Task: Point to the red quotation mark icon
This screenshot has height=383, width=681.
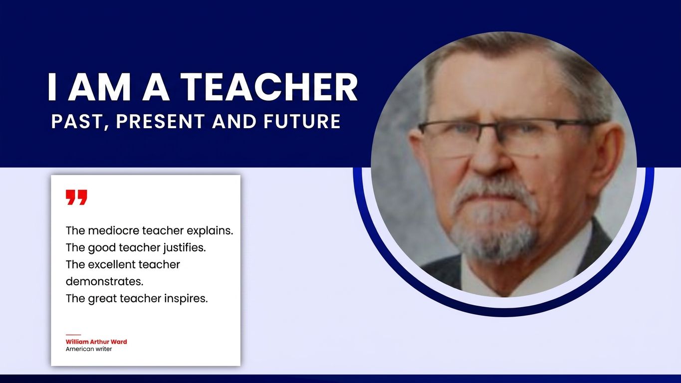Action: tap(77, 197)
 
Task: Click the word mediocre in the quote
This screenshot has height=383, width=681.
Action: tap(114, 231)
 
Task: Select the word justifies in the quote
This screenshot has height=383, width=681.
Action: tap(185, 248)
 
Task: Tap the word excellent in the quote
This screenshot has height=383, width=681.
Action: tap(110, 265)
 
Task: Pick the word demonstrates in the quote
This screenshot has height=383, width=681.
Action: tap(104, 282)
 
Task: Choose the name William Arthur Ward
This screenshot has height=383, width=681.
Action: tap(96, 342)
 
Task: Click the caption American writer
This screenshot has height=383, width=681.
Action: tap(89, 349)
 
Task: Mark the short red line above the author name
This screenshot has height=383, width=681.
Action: tap(73, 335)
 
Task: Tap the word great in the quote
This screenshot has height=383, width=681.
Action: tap(102, 299)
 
